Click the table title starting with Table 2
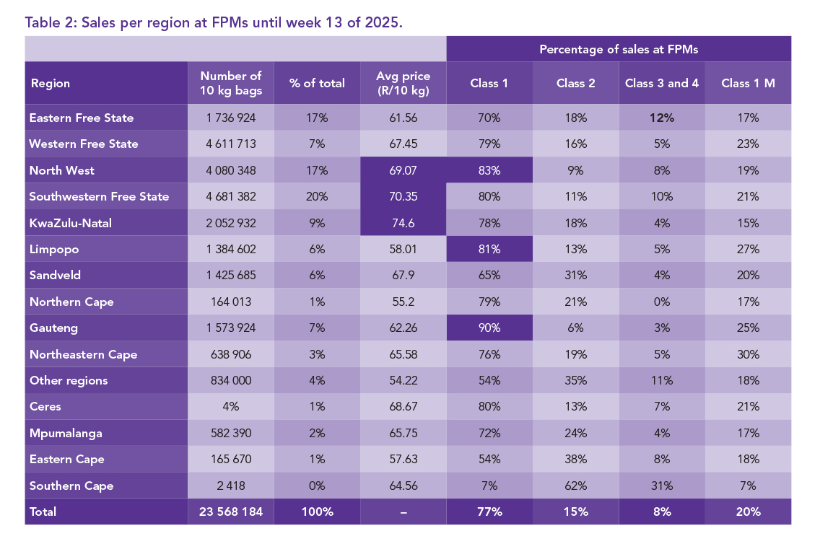click(214, 22)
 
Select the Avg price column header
click(403, 83)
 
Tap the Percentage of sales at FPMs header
click(619, 49)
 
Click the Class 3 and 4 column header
click(661, 83)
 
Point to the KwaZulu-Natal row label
click(70, 223)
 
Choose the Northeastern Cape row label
click(83, 354)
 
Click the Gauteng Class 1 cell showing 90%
click(489, 328)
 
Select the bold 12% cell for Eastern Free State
click(661, 118)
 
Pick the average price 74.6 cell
click(403, 223)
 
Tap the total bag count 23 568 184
click(231, 512)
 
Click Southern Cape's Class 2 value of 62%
click(575, 486)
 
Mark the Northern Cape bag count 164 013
click(231, 302)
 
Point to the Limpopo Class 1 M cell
click(748, 249)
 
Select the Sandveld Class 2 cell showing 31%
click(575, 276)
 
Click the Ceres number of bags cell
click(231, 406)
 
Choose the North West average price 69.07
click(403, 170)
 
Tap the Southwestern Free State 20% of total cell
click(317, 196)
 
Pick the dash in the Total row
click(403, 512)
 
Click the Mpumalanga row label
click(66, 433)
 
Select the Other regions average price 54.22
click(403, 380)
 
